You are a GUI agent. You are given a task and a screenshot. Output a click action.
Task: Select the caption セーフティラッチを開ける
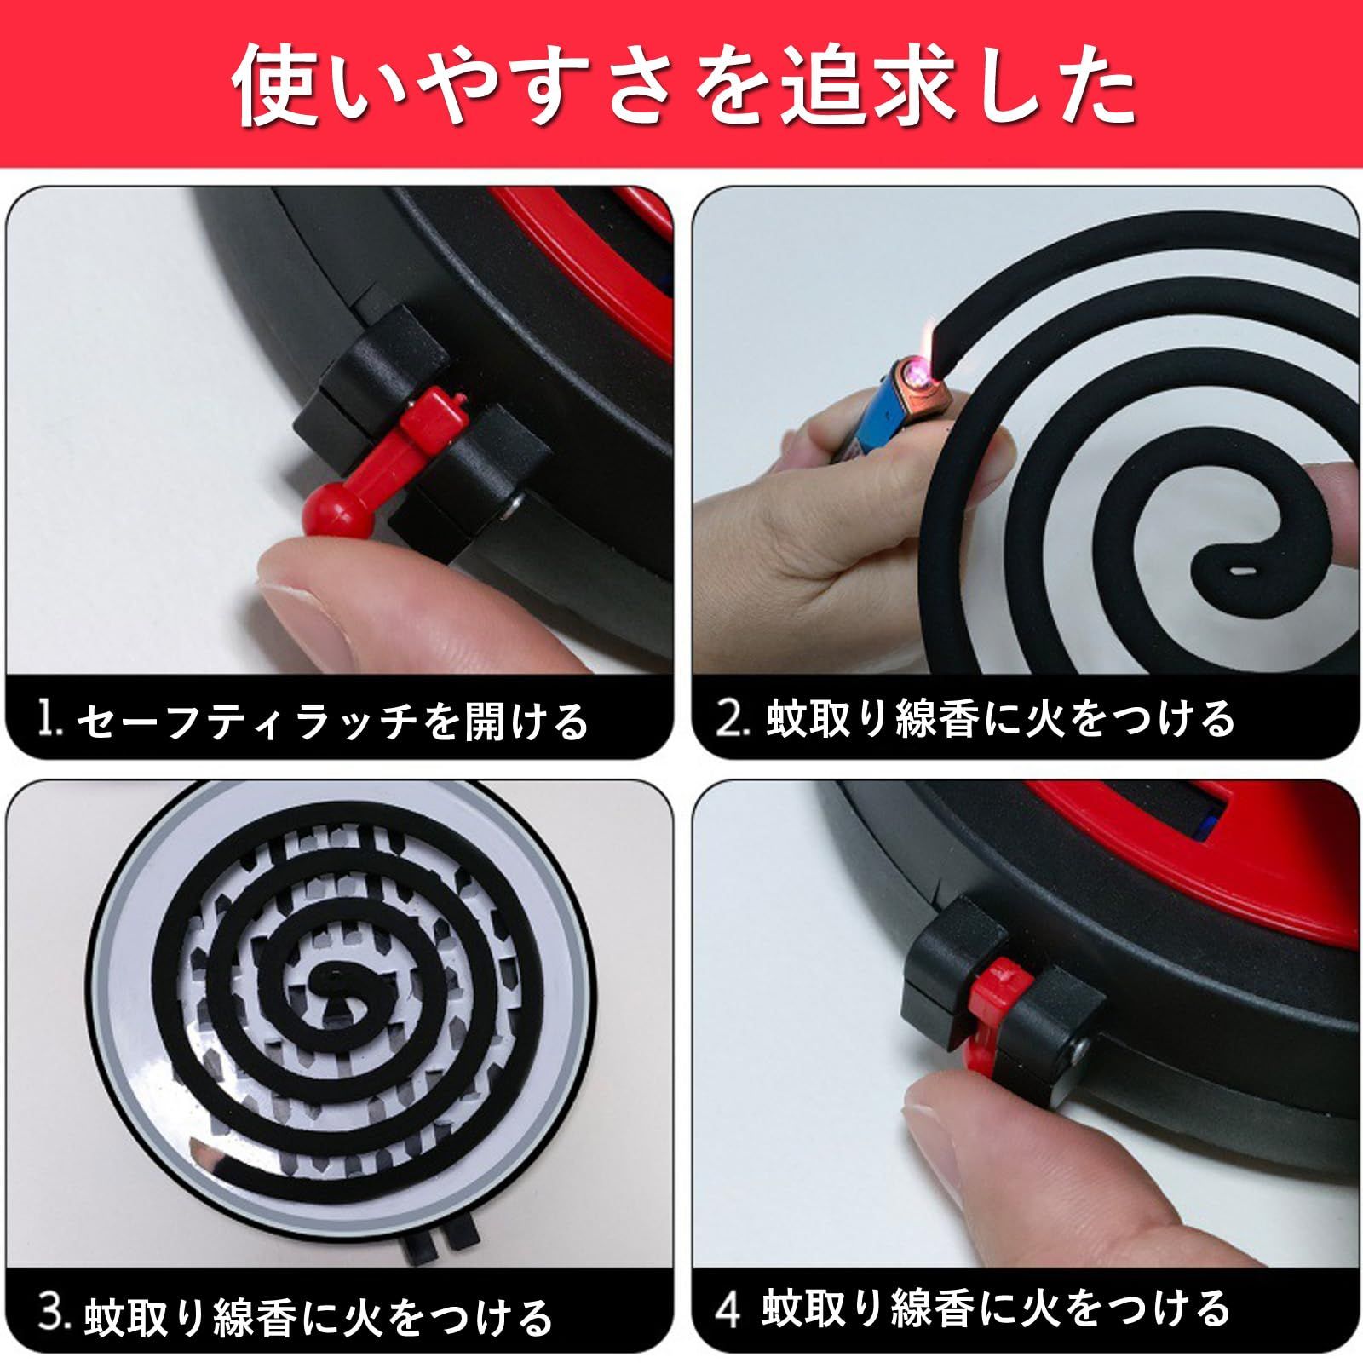(x=332, y=721)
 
